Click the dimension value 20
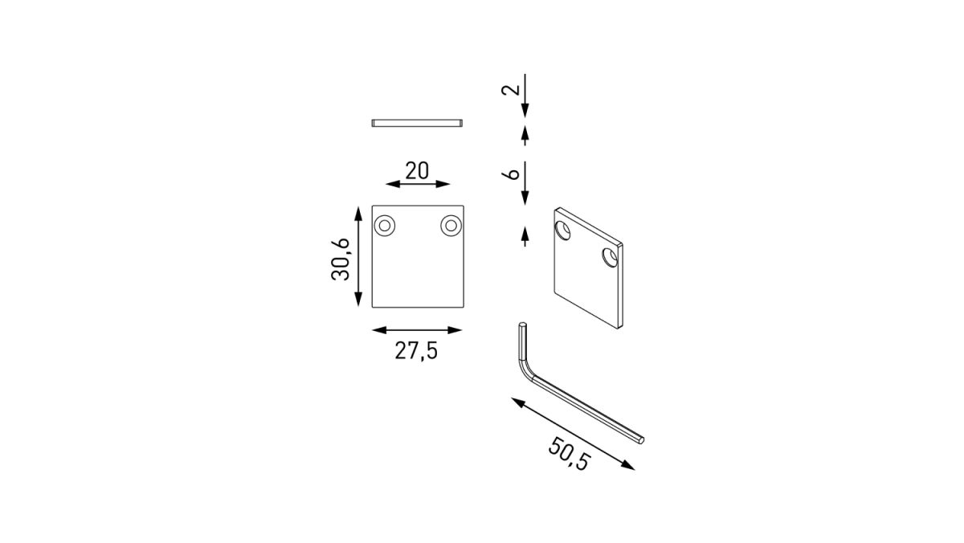click(x=417, y=171)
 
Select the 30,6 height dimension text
click(x=341, y=259)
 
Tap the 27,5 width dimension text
click(x=416, y=351)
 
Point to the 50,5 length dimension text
click(x=569, y=454)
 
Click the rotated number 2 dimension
click(x=511, y=89)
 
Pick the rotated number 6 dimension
click(x=511, y=174)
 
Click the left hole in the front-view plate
click(x=384, y=226)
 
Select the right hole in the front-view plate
click(x=451, y=226)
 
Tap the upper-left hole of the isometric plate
click(x=562, y=231)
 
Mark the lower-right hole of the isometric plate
click(x=610, y=257)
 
